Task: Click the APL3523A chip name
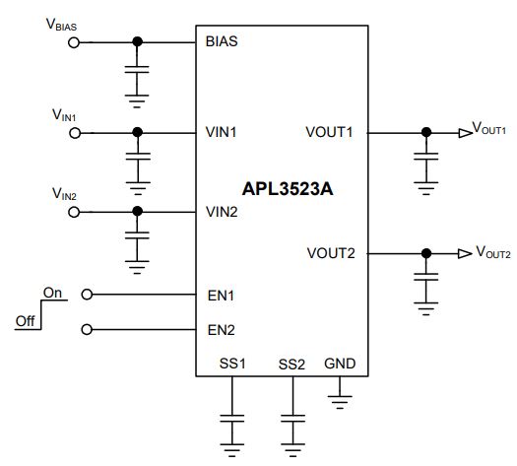point(288,189)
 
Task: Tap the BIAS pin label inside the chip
point(222,41)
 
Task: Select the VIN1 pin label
point(221,132)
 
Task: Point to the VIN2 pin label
point(222,212)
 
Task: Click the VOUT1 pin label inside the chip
point(329,132)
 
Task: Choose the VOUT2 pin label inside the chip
point(331,253)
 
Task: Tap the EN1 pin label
point(221,296)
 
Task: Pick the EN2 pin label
point(222,330)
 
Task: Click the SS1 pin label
point(232,364)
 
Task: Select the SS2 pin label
point(291,365)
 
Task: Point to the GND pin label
point(340,364)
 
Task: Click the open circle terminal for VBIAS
point(74,42)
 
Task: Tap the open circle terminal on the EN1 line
point(87,295)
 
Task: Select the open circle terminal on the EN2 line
point(87,329)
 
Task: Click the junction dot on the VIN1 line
point(138,133)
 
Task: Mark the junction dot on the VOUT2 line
point(426,253)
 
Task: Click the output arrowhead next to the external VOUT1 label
point(465,133)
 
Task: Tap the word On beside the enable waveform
point(52,293)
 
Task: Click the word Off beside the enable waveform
point(26,321)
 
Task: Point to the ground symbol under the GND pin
point(340,402)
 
